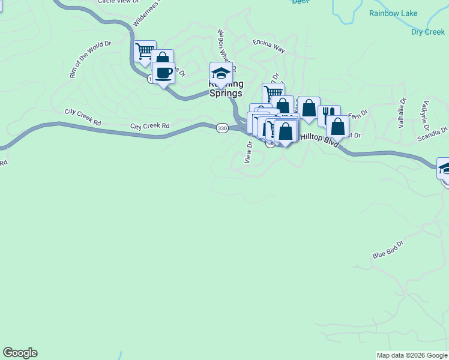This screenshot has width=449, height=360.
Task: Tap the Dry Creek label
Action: click(428, 32)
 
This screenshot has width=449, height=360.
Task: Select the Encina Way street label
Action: click(268, 46)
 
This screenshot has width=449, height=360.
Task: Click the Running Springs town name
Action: click(226, 89)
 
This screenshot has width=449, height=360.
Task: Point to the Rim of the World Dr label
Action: click(91, 59)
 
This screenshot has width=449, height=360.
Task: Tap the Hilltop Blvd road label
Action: click(319, 137)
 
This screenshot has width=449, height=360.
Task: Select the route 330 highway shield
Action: click(222, 128)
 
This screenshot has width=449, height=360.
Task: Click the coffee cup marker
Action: click(163, 73)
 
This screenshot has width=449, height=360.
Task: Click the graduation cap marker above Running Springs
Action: click(221, 73)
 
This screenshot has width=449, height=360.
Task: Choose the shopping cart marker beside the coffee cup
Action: click(145, 52)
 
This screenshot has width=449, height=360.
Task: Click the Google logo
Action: click(20, 353)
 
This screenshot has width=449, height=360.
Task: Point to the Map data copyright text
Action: click(411, 355)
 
